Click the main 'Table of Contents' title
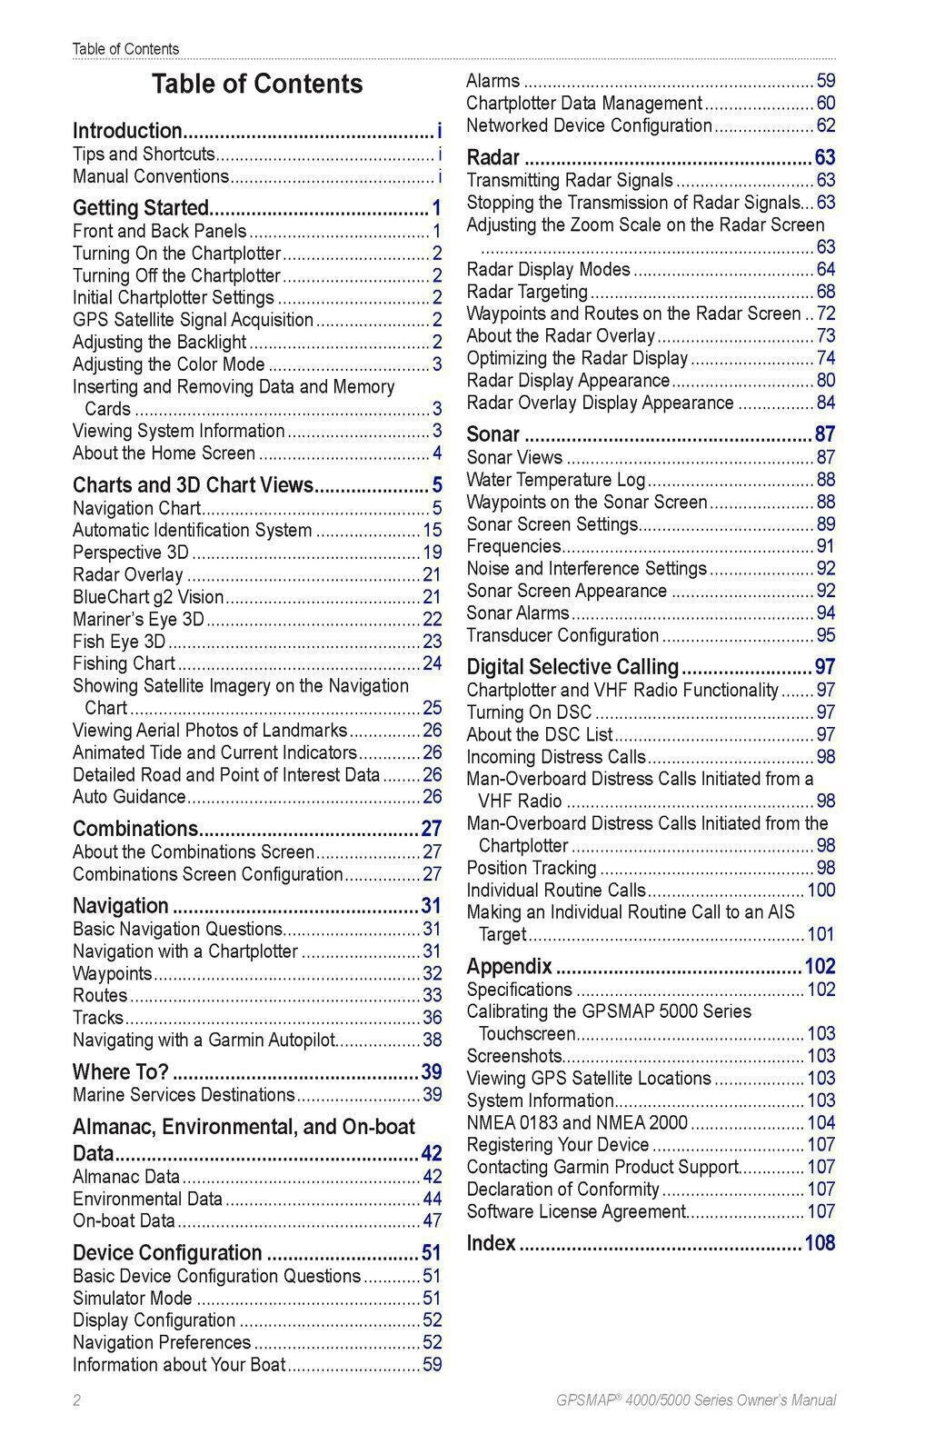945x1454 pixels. click(257, 84)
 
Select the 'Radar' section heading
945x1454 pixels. click(493, 157)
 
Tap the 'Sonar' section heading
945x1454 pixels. click(493, 434)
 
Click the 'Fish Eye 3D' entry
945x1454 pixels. click(119, 642)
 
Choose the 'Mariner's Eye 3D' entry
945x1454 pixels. click(138, 620)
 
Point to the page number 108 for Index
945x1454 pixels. click(820, 1243)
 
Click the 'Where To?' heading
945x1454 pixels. click(121, 1071)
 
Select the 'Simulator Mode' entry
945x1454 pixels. click(133, 1298)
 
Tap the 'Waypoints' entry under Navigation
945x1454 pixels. click(112, 973)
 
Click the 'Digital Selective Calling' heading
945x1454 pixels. click(572, 667)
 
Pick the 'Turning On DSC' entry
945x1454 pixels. click(529, 712)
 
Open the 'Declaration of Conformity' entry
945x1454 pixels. click(562, 1189)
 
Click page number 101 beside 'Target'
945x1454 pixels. click(821, 934)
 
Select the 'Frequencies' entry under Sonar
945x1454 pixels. click(513, 546)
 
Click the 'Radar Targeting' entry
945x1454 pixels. click(527, 292)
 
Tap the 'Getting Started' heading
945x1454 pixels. click(141, 208)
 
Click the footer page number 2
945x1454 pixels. click(77, 1400)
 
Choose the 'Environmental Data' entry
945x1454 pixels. click(147, 1199)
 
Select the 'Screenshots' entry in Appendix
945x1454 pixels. click(514, 1056)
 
